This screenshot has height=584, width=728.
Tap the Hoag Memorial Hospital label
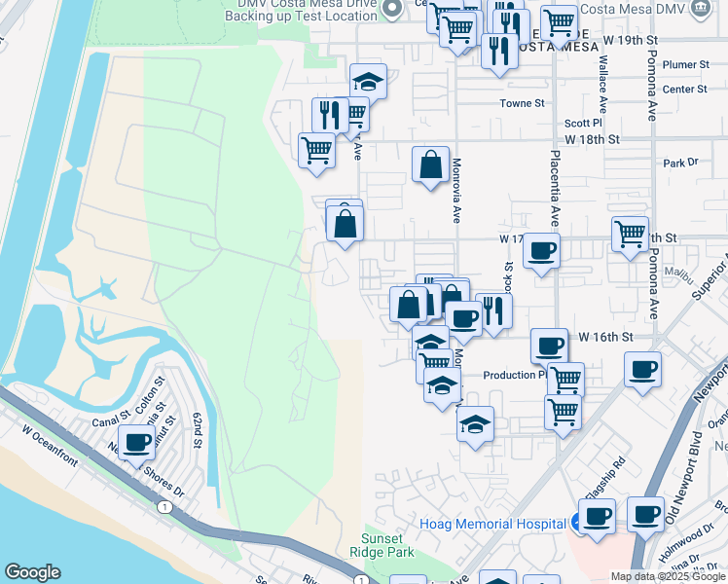pos(492,524)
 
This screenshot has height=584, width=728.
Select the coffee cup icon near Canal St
pos(136,443)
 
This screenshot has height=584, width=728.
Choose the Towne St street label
pos(522,103)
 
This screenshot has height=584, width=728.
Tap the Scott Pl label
pos(584,124)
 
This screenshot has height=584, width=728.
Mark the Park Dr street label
pos(680,163)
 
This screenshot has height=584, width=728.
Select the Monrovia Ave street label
pos(455,191)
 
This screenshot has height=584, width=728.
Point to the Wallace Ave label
pos(603,87)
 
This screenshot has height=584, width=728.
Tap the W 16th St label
pos(605,336)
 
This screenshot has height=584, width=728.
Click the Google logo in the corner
pos(32,572)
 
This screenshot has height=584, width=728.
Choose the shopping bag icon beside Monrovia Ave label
pos(430,164)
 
